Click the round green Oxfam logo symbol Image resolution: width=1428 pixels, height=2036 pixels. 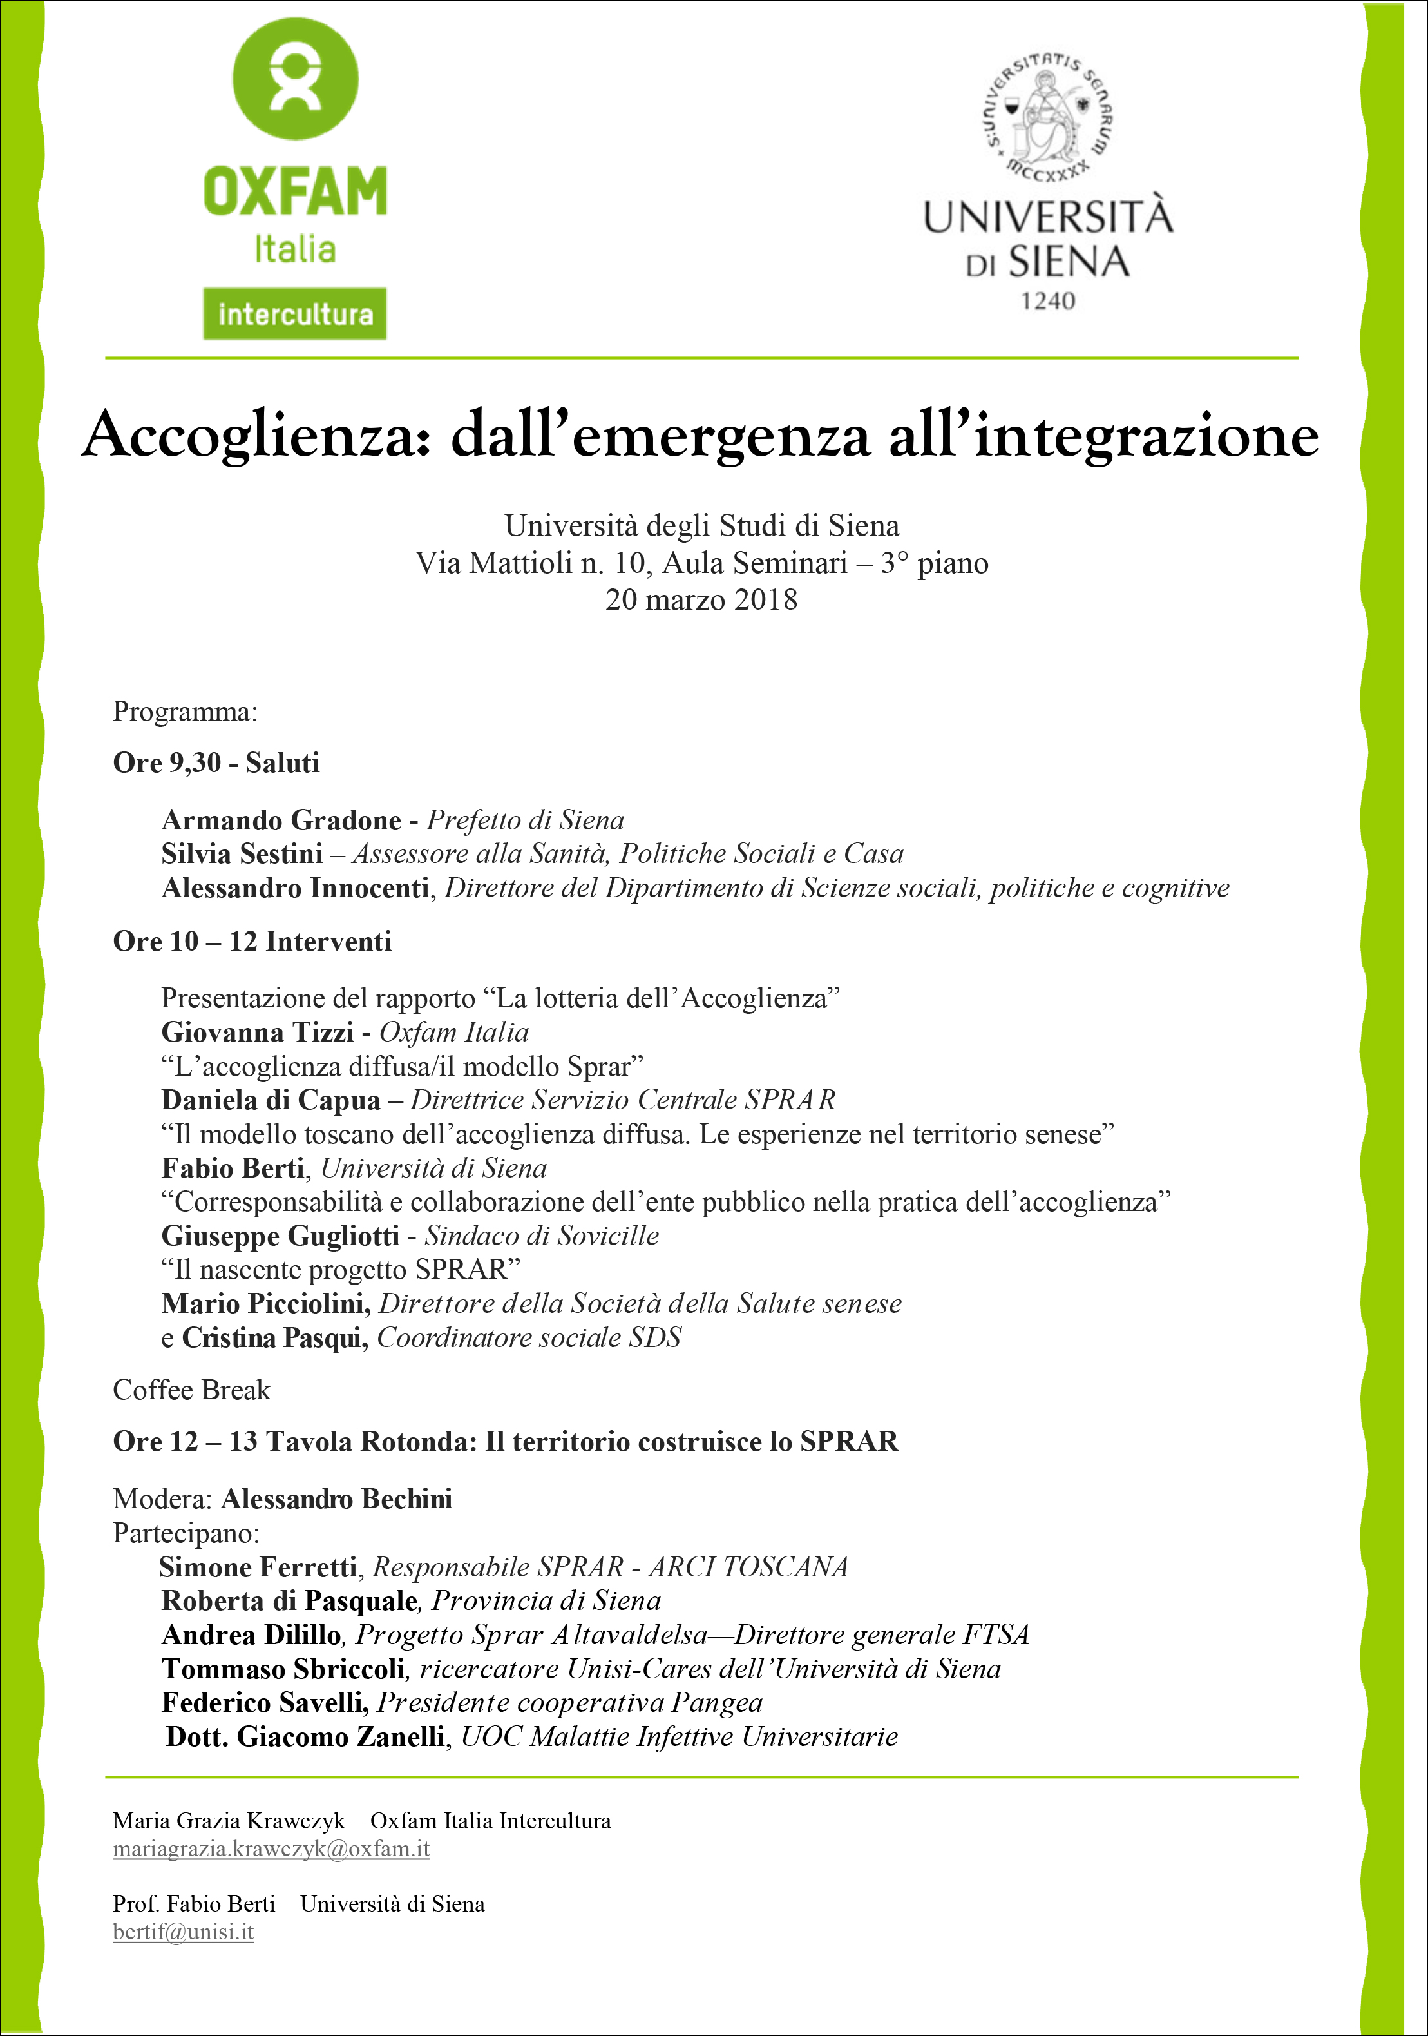(x=294, y=78)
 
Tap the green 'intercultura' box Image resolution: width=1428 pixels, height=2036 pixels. (x=294, y=313)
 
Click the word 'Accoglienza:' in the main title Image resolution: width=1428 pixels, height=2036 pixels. (x=257, y=436)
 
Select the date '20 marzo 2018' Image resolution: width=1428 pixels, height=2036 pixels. (x=701, y=600)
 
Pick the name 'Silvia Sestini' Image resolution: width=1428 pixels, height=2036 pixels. (x=242, y=853)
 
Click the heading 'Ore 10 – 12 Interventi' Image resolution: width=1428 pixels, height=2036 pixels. (x=252, y=941)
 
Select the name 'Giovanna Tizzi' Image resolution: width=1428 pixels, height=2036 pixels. (x=257, y=1033)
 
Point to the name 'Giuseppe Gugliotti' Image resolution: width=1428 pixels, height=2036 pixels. (x=280, y=1236)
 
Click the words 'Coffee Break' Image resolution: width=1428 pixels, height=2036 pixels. (x=191, y=1390)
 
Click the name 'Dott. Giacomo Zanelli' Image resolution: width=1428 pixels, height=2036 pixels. (x=306, y=1736)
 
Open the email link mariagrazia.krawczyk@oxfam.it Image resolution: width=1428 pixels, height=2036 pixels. (x=271, y=1849)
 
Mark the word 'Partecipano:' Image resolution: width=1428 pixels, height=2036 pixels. (x=186, y=1533)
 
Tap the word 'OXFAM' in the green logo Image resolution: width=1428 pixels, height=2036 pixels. (x=294, y=191)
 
